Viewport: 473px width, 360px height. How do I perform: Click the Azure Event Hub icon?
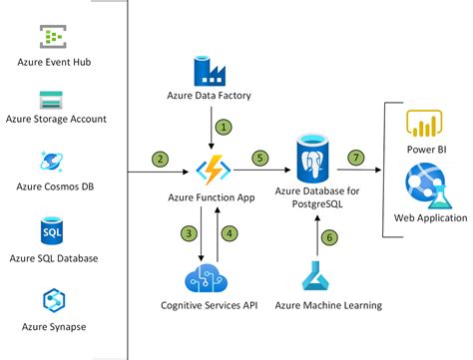[x=53, y=37]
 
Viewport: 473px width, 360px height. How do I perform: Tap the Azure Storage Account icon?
[x=52, y=101]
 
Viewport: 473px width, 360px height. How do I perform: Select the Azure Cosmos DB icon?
[x=52, y=163]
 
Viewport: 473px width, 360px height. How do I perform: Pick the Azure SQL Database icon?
[x=52, y=232]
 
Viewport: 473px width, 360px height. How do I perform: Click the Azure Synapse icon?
[x=52, y=300]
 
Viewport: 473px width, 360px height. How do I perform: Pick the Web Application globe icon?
[x=425, y=186]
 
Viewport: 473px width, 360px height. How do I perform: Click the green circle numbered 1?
[x=226, y=129]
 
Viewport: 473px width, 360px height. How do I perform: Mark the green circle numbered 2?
[x=158, y=158]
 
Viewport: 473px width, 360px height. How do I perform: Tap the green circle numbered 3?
[x=186, y=233]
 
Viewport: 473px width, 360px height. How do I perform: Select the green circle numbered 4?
[x=230, y=233]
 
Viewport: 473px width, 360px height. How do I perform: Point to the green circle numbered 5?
[x=260, y=158]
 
